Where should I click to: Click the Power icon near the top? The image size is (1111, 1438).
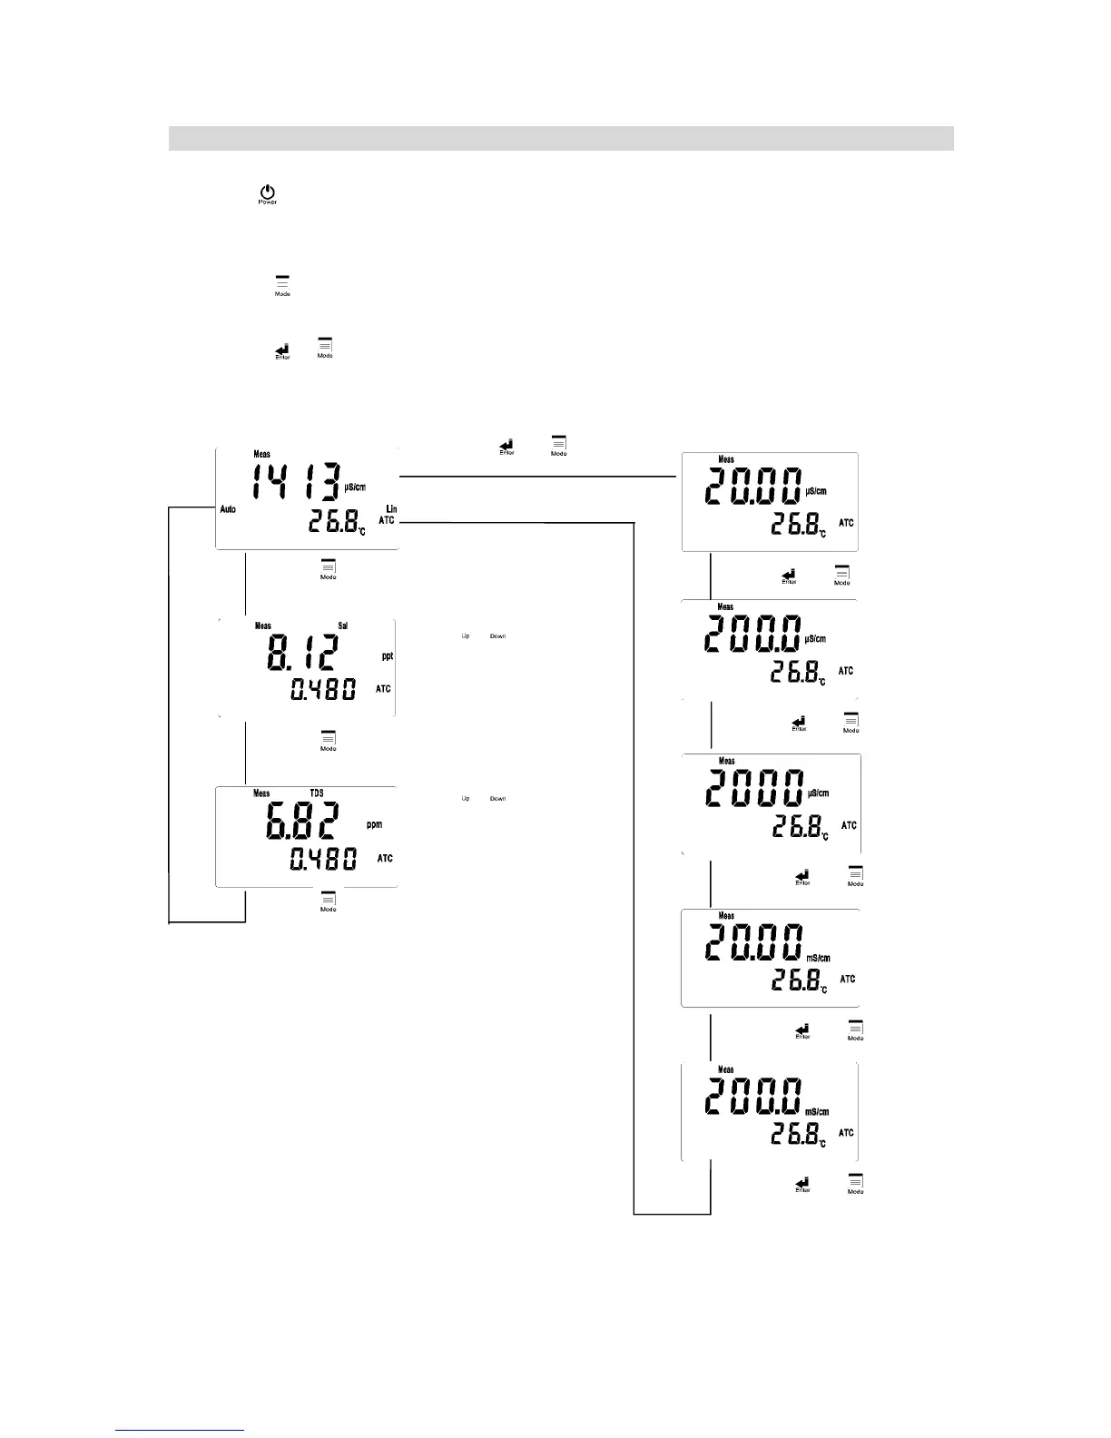pyautogui.click(x=267, y=194)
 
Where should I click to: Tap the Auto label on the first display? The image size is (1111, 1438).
pyautogui.click(x=228, y=509)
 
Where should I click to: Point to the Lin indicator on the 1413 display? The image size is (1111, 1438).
pyautogui.click(x=391, y=508)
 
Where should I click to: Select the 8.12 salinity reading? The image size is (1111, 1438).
pyautogui.click(x=302, y=653)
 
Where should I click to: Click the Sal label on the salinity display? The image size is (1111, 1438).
pyautogui.click(x=343, y=625)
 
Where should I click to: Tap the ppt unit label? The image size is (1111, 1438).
pyautogui.click(x=388, y=655)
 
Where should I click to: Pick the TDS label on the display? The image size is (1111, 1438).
pyautogui.click(x=317, y=793)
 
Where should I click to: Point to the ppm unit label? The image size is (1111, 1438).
pyautogui.click(x=374, y=824)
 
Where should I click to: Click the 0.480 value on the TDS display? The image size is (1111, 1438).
pyautogui.click(x=322, y=859)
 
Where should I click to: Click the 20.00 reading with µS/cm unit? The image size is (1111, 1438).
pyautogui.click(x=754, y=488)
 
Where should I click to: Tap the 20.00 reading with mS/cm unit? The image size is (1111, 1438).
pyautogui.click(x=754, y=944)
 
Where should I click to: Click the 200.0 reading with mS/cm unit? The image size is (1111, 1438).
pyautogui.click(x=754, y=1098)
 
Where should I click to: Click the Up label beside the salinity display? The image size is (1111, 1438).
pyautogui.click(x=466, y=636)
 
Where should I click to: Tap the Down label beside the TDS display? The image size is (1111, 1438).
pyautogui.click(x=498, y=799)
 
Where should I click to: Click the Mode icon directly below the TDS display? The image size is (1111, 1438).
pyautogui.click(x=329, y=901)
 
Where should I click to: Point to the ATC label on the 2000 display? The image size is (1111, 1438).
pyautogui.click(x=849, y=825)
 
